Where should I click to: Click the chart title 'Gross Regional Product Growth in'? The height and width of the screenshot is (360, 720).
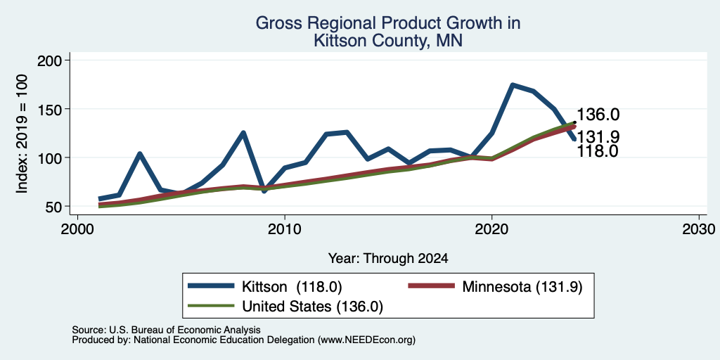(388, 23)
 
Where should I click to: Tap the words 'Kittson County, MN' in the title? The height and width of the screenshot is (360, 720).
(388, 41)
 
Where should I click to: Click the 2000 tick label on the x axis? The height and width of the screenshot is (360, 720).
(77, 229)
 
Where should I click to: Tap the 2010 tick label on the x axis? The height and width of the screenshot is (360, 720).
(285, 229)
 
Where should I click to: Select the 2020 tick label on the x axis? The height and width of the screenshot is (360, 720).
(491, 229)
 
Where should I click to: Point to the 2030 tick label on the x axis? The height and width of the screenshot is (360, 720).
(699, 229)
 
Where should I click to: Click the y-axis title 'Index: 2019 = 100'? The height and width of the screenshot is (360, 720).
(22, 134)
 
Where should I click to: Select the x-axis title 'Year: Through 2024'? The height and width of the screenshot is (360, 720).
(388, 259)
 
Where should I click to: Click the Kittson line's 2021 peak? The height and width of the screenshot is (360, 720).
(513, 85)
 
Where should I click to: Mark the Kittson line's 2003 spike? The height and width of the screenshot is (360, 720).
(140, 153)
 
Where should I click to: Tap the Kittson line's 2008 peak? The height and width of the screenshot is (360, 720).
(243, 133)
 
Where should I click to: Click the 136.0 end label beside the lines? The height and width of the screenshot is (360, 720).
(598, 115)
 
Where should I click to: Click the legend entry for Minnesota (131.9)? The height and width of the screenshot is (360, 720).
(496, 287)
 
